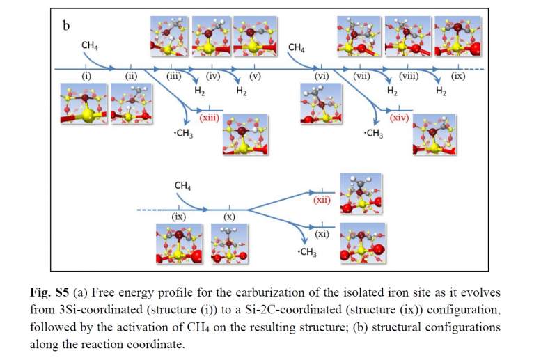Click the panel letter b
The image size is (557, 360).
(67, 26)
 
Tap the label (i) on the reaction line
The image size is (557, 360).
(87, 76)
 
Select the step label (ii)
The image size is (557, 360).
(131, 76)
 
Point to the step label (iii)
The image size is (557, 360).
(174, 76)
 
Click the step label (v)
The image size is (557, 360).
(254, 76)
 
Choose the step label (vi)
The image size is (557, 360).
(322, 76)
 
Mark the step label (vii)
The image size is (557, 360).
(361, 76)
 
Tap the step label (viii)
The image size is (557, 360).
(408, 76)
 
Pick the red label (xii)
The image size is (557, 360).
(322, 200)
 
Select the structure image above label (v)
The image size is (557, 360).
(254, 36)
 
